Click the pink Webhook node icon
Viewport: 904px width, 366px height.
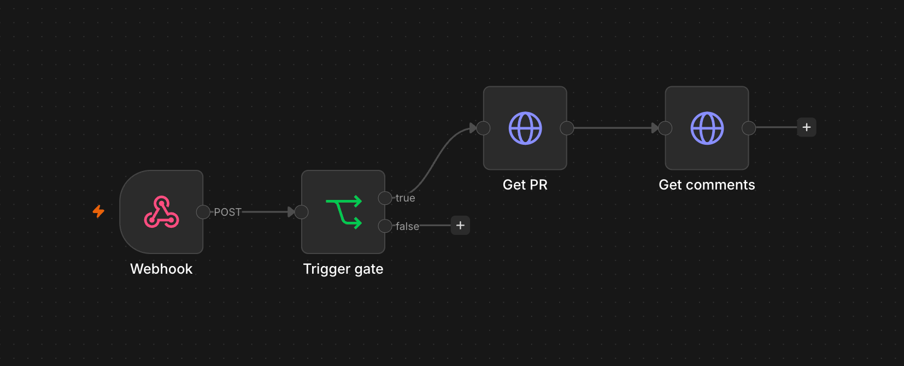[161, 212]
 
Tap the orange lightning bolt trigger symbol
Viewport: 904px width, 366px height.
[98, 211]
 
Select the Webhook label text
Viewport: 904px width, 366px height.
[161, 269]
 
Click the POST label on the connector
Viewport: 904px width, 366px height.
[227, 212]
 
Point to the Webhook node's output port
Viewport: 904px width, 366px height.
[203, 212]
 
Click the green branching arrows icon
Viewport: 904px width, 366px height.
[344, 212]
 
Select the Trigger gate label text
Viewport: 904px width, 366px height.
[343, 269]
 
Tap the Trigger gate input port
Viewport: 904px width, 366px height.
[302, 212]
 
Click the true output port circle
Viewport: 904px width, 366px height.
[385, 198]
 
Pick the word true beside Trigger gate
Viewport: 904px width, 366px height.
[405, 198]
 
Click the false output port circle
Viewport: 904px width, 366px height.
[385, 226]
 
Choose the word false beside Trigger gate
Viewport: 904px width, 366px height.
[407, 226]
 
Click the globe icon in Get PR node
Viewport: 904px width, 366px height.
[525, 128]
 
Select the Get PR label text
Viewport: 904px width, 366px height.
[525, 185]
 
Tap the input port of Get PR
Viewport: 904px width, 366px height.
[484, 128]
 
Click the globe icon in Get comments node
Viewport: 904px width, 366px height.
[707, 128]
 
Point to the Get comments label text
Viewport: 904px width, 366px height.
[707, 185]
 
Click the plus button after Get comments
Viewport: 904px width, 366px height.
[807, 127]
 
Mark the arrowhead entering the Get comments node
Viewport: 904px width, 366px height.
[655, 128]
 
